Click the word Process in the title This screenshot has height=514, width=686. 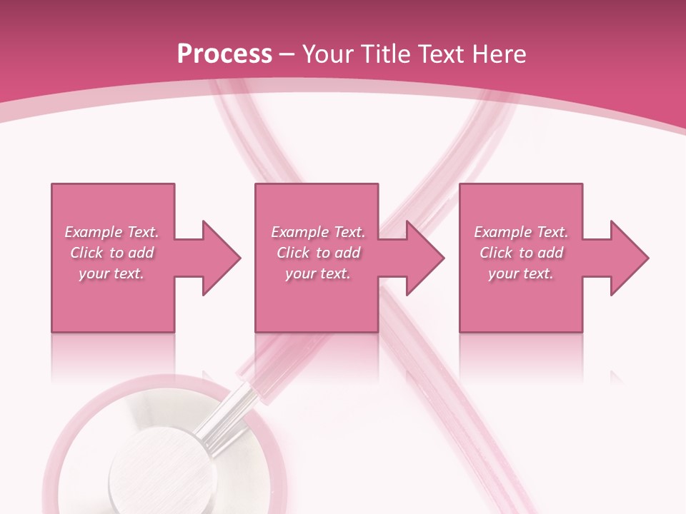point(224,54)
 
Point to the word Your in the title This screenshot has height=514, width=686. point(328,54)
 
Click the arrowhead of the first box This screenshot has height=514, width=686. point(222,258)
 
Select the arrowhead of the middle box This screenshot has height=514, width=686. point(425,258)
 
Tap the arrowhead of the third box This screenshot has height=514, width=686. point(630,258)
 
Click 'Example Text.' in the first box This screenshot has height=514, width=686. point(111,232)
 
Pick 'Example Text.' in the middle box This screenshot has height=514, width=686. point(318,232)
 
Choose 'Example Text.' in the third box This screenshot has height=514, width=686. point(521,232)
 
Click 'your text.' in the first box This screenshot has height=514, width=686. point(111,273)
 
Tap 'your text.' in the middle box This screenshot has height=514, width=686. point(318,273)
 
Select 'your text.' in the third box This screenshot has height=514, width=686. point(521,273)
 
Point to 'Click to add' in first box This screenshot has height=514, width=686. point(111,253)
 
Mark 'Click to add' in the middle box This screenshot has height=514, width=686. point(318,253)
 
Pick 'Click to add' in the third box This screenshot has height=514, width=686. point(521,253)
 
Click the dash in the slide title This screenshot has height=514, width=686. point(287,55)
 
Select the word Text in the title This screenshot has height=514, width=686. point(440,54)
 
